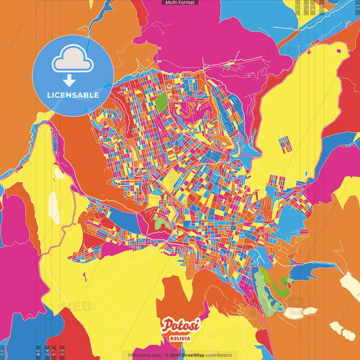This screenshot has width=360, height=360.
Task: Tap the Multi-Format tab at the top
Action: tap(180, 3)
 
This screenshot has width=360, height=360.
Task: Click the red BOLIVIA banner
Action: tap(180, 337)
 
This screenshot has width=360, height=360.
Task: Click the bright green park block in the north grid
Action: tap(161, 101)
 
